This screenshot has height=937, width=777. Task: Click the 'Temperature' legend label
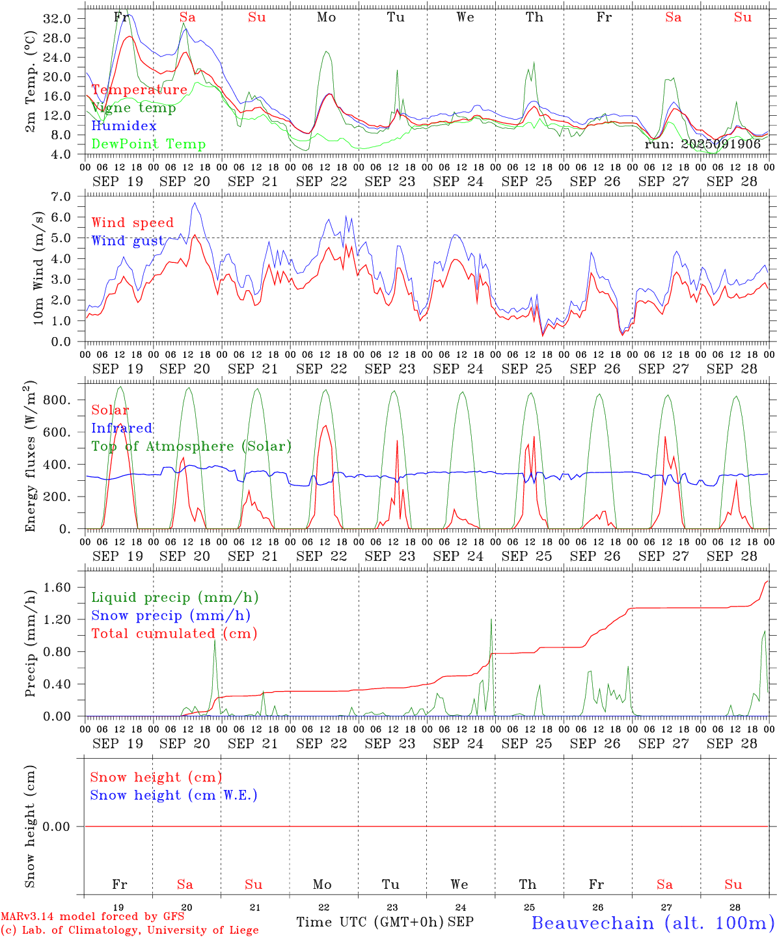[139, 90]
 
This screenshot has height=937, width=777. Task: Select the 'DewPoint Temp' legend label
[148, 144]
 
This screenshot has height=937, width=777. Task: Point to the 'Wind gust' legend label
[128, 241]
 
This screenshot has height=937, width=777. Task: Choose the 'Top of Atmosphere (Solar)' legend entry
[191, 446]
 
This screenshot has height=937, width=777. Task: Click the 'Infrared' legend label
[122, 428]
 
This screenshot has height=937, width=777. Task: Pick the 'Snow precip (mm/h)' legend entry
[170, 616]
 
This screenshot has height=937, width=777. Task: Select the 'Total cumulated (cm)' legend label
[174, 634]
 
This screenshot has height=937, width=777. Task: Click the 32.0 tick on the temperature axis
[57, 19]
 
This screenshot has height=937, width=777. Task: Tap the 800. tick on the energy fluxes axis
[57, 400]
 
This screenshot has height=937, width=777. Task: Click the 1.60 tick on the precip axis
[57, 588]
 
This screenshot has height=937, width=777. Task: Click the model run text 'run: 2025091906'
[702, 144]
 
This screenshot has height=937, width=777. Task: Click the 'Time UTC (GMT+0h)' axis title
[370, 922]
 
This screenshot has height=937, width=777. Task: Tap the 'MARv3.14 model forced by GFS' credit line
[92, 917]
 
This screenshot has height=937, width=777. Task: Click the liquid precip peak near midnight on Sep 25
[491, 619]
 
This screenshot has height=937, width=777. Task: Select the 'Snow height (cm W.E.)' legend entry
[173, 795]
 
